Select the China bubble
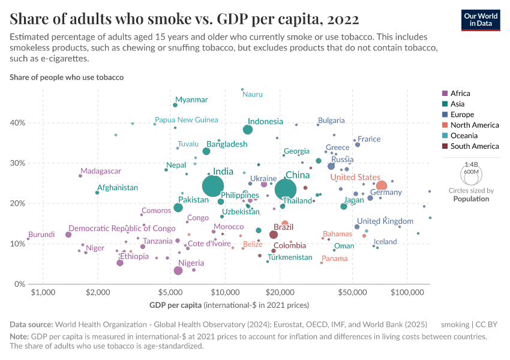coord(286,190)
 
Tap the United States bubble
coord(381,186)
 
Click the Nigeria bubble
coord(178,271)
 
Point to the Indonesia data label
coord(265,121)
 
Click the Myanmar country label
coord(191,100)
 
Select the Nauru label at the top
coord(253,94)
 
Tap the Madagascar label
coord(101,171)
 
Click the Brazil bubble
coord(274,235)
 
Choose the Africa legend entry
coord(460,93)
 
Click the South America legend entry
coord(474,146)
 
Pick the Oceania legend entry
coord(464,136)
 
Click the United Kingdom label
coord(385,221)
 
